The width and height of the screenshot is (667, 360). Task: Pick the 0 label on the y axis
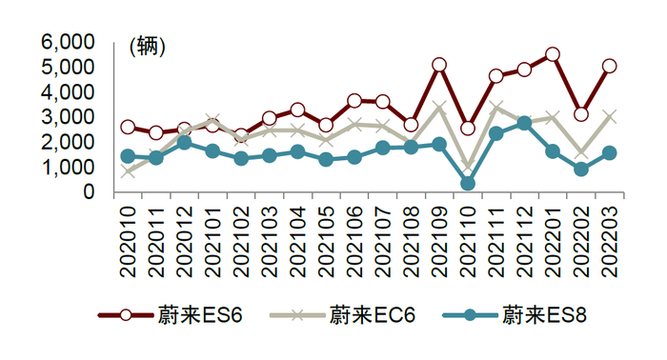(89, 192)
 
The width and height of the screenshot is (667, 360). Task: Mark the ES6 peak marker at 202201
(553, 54)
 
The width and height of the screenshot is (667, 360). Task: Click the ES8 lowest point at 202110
(468, 183)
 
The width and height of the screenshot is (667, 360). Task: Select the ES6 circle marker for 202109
(439, 65)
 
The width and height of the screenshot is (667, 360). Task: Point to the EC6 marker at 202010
(128, 172)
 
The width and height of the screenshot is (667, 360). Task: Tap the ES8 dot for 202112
(524, 123)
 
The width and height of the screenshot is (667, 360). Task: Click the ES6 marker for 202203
(609, 66)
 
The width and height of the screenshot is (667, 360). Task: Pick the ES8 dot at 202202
(581, 170)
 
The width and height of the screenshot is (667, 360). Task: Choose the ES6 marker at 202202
(581, 114)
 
